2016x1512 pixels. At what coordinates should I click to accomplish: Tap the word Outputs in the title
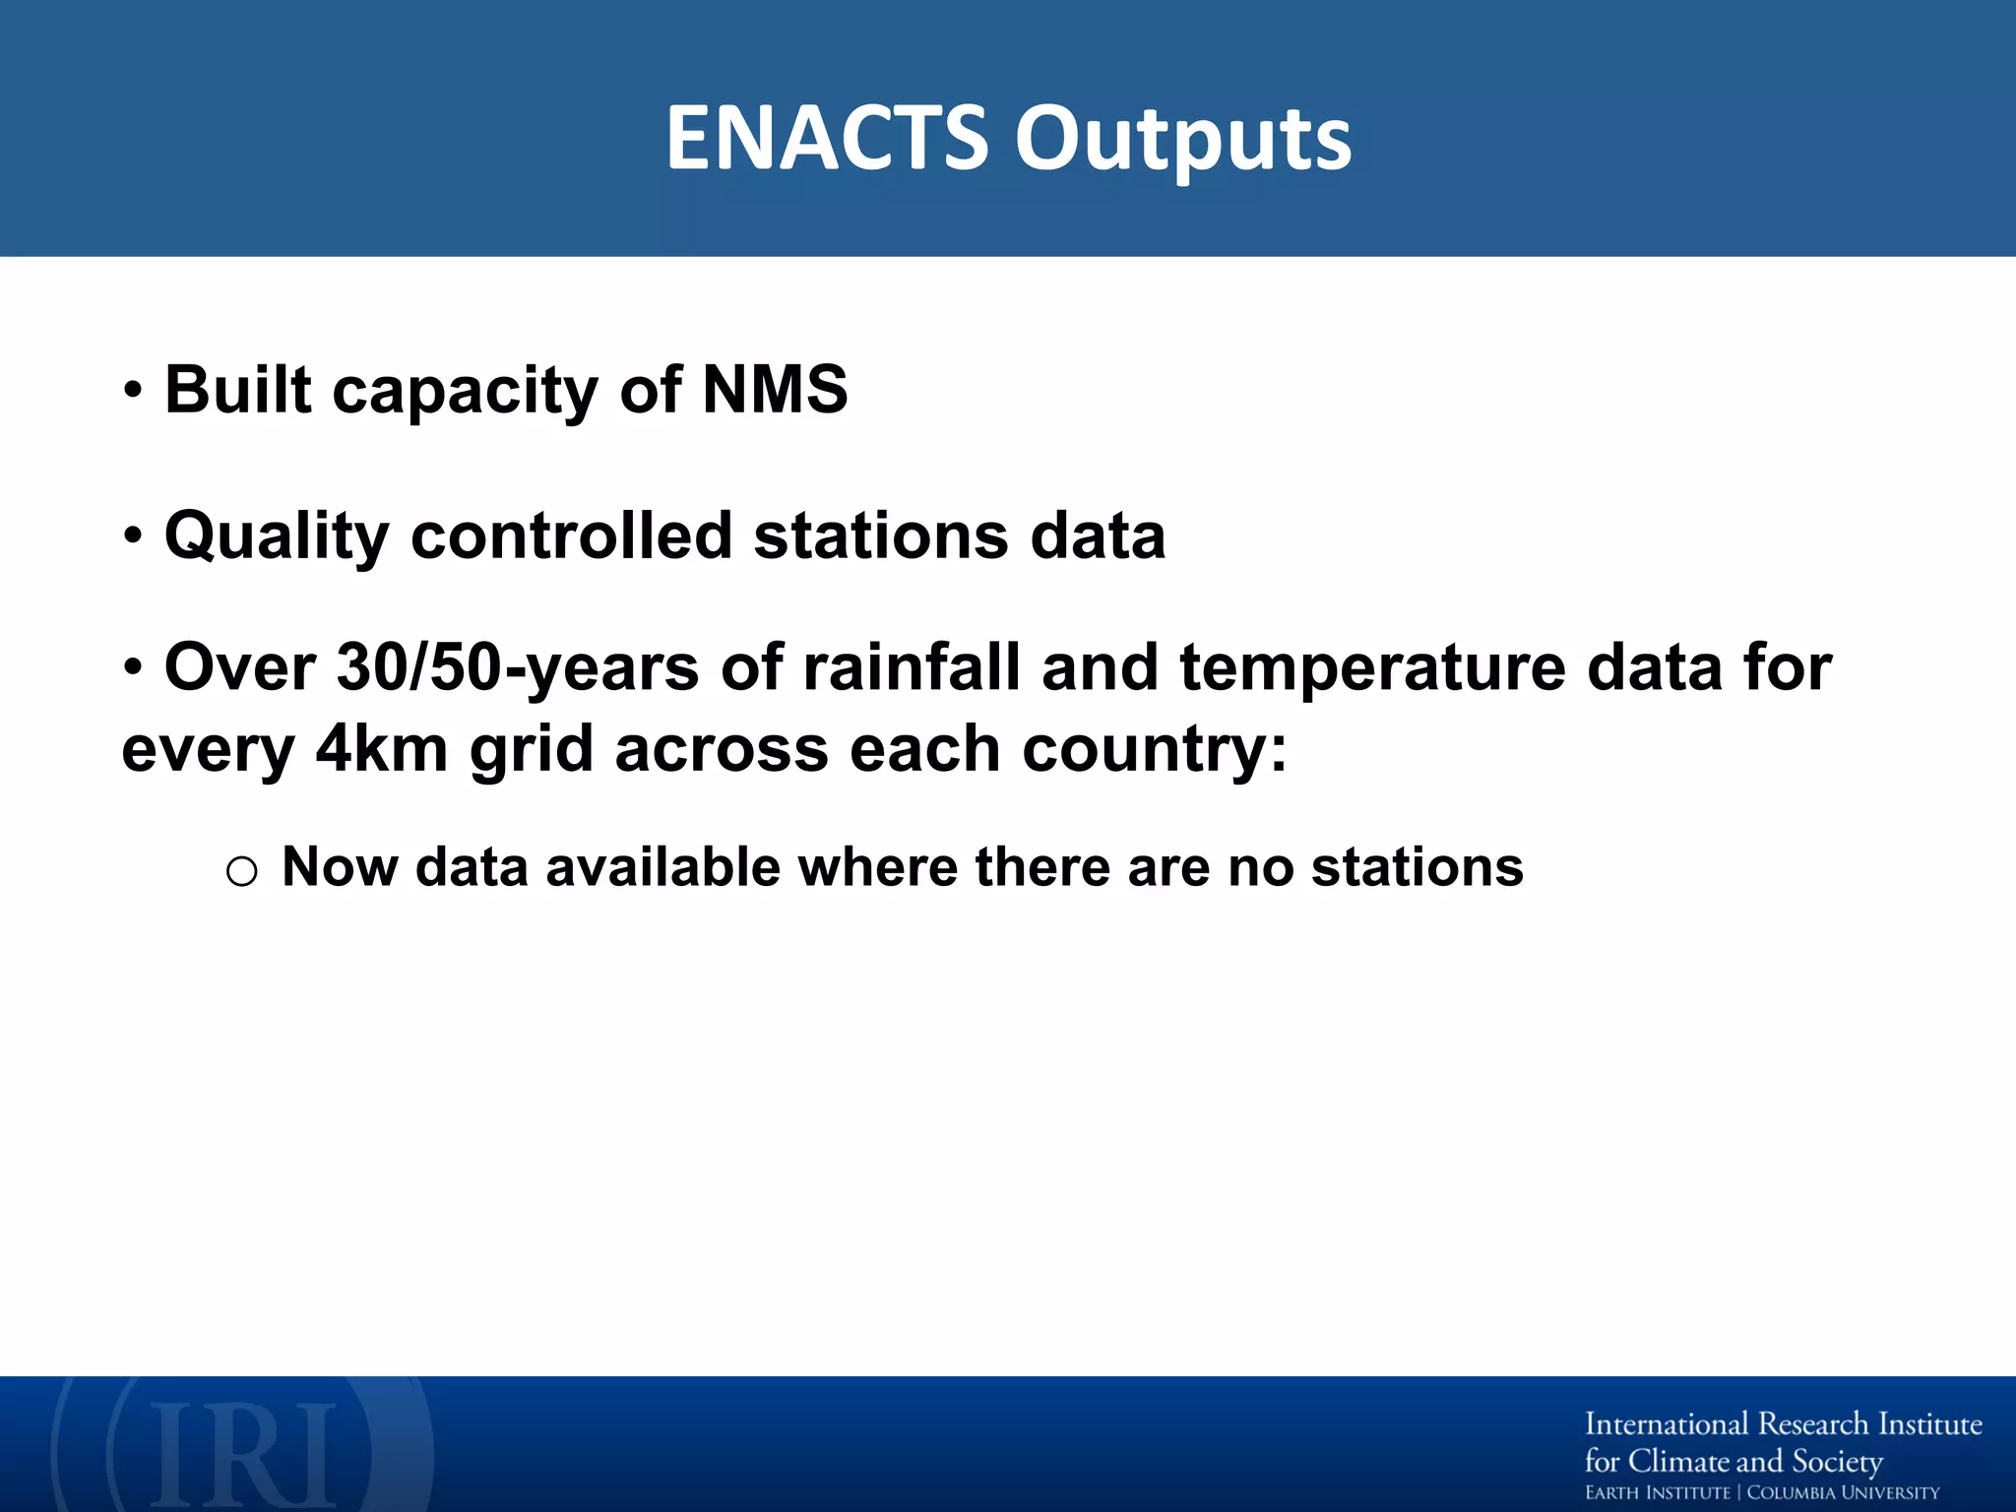coord(1183,140)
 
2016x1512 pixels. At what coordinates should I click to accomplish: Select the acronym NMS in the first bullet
coord(774,390)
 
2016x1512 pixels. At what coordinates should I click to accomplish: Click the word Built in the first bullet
coord(238,390)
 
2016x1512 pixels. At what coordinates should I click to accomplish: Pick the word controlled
coord(571,535)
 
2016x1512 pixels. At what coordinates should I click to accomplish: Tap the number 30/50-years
coord(518,667)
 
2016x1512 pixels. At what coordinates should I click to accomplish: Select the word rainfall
coord(912,667)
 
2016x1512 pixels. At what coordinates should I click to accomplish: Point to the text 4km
coord(382,749)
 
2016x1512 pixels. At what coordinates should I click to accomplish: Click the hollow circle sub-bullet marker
coord(241,871)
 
